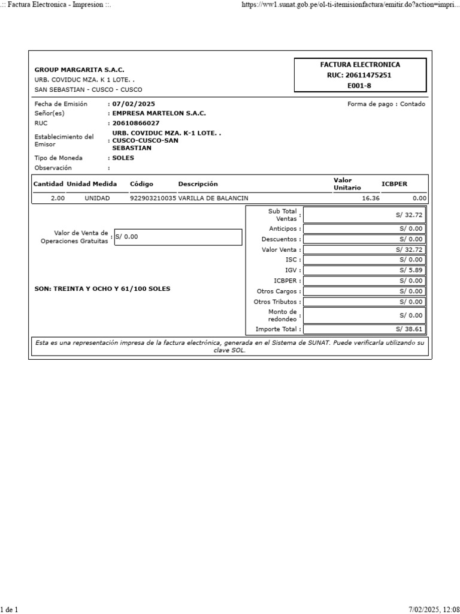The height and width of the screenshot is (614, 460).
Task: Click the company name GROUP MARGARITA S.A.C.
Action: click(80, 70)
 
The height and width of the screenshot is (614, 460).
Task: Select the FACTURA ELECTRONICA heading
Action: click(360, 65)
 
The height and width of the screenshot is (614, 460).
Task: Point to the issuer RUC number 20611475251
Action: click(360, 76)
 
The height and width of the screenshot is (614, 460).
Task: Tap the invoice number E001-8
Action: click(360, 86)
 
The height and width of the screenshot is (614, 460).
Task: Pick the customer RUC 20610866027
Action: click(136, 123)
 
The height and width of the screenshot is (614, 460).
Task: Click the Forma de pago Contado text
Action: click(386, 104)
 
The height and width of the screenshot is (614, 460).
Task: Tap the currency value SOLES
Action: click(123, 158)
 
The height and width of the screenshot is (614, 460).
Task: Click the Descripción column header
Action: click(198, 184)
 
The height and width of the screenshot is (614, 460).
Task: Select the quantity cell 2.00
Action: click(57, 198)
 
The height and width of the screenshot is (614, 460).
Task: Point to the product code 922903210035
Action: click(153, 198)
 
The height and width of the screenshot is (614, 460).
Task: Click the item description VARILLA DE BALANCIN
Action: click(213, 198)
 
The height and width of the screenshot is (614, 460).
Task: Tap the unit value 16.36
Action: click(371, 198)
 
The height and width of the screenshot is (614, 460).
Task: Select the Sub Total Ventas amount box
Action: click(365, 215)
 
